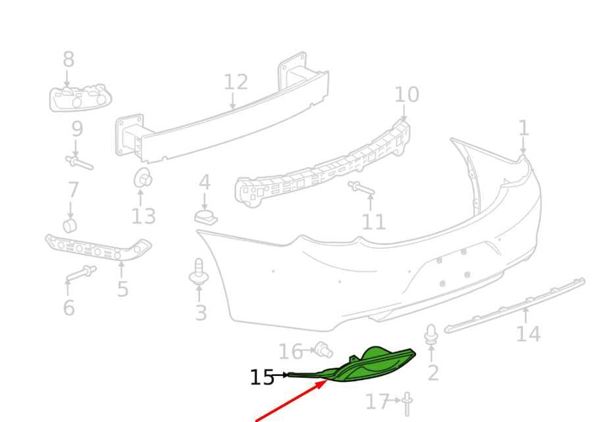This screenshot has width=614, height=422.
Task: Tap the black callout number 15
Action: click(x=262, y=378)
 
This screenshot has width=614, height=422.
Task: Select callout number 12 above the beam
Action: click(x=236, y=82)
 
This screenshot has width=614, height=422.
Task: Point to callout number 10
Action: click(x=407, y=95)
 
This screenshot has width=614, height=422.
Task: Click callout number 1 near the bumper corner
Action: click(x=524, y=128)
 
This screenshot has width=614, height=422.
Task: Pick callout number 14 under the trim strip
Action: click(x=528, y=334)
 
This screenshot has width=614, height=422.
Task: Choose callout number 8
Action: click(x=68, y=59)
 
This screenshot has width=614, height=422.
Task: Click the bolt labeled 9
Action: click(x=80, y=162)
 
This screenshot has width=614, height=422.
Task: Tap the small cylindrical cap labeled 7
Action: click(x=70, y=225)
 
